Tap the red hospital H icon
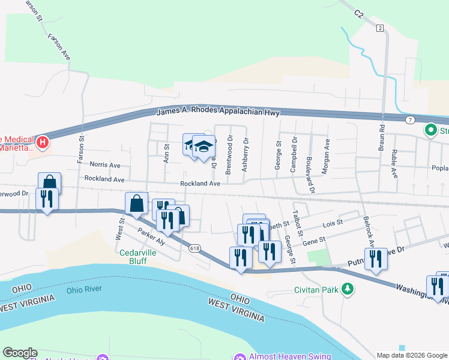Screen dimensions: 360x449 [43, 142]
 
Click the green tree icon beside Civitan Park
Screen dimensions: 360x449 [347, 290]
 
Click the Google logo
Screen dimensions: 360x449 [20, 353]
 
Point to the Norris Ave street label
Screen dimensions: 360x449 [105, 164]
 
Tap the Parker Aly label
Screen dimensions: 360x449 [151, 236]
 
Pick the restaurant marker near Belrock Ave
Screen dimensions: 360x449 [376, 259]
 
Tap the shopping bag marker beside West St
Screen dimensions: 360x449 [137, 203]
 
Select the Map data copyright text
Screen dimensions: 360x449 [411, 355]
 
